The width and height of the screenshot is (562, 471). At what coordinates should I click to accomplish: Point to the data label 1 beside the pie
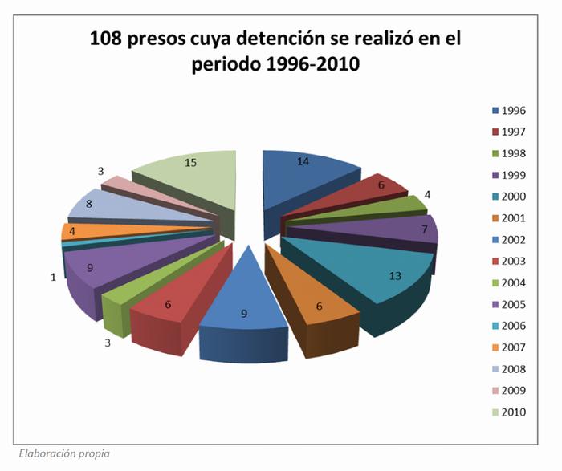[53, 277]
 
